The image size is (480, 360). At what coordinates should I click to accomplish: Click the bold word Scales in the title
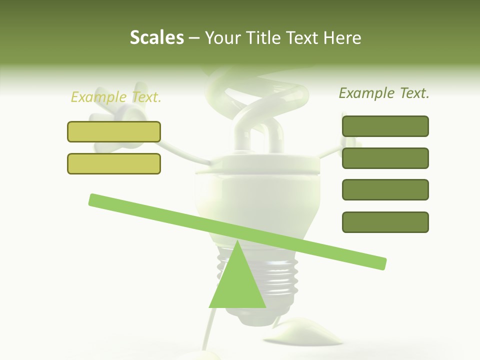(x=157, y=38)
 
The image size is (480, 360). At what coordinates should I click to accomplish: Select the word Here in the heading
(x=342, y=38)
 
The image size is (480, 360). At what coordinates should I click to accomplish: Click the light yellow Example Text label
(x=116, y=97)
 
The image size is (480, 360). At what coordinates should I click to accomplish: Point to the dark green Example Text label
(x=384, y=93)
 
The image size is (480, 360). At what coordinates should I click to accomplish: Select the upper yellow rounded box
(x=114, y=131)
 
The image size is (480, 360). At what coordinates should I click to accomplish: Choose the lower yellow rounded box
(x=114, y=163)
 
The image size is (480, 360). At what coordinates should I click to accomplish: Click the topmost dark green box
(x=385, y=126)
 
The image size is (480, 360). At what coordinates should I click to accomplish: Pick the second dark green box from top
(x=385, y=158)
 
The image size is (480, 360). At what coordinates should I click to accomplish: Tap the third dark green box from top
(x=385, y=189)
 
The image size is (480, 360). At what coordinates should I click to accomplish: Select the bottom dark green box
(x=385, y=222)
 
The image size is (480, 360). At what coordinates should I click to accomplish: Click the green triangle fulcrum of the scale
(x=237, y=285)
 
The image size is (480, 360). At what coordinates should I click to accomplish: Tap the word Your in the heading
(x=222, y=38)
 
